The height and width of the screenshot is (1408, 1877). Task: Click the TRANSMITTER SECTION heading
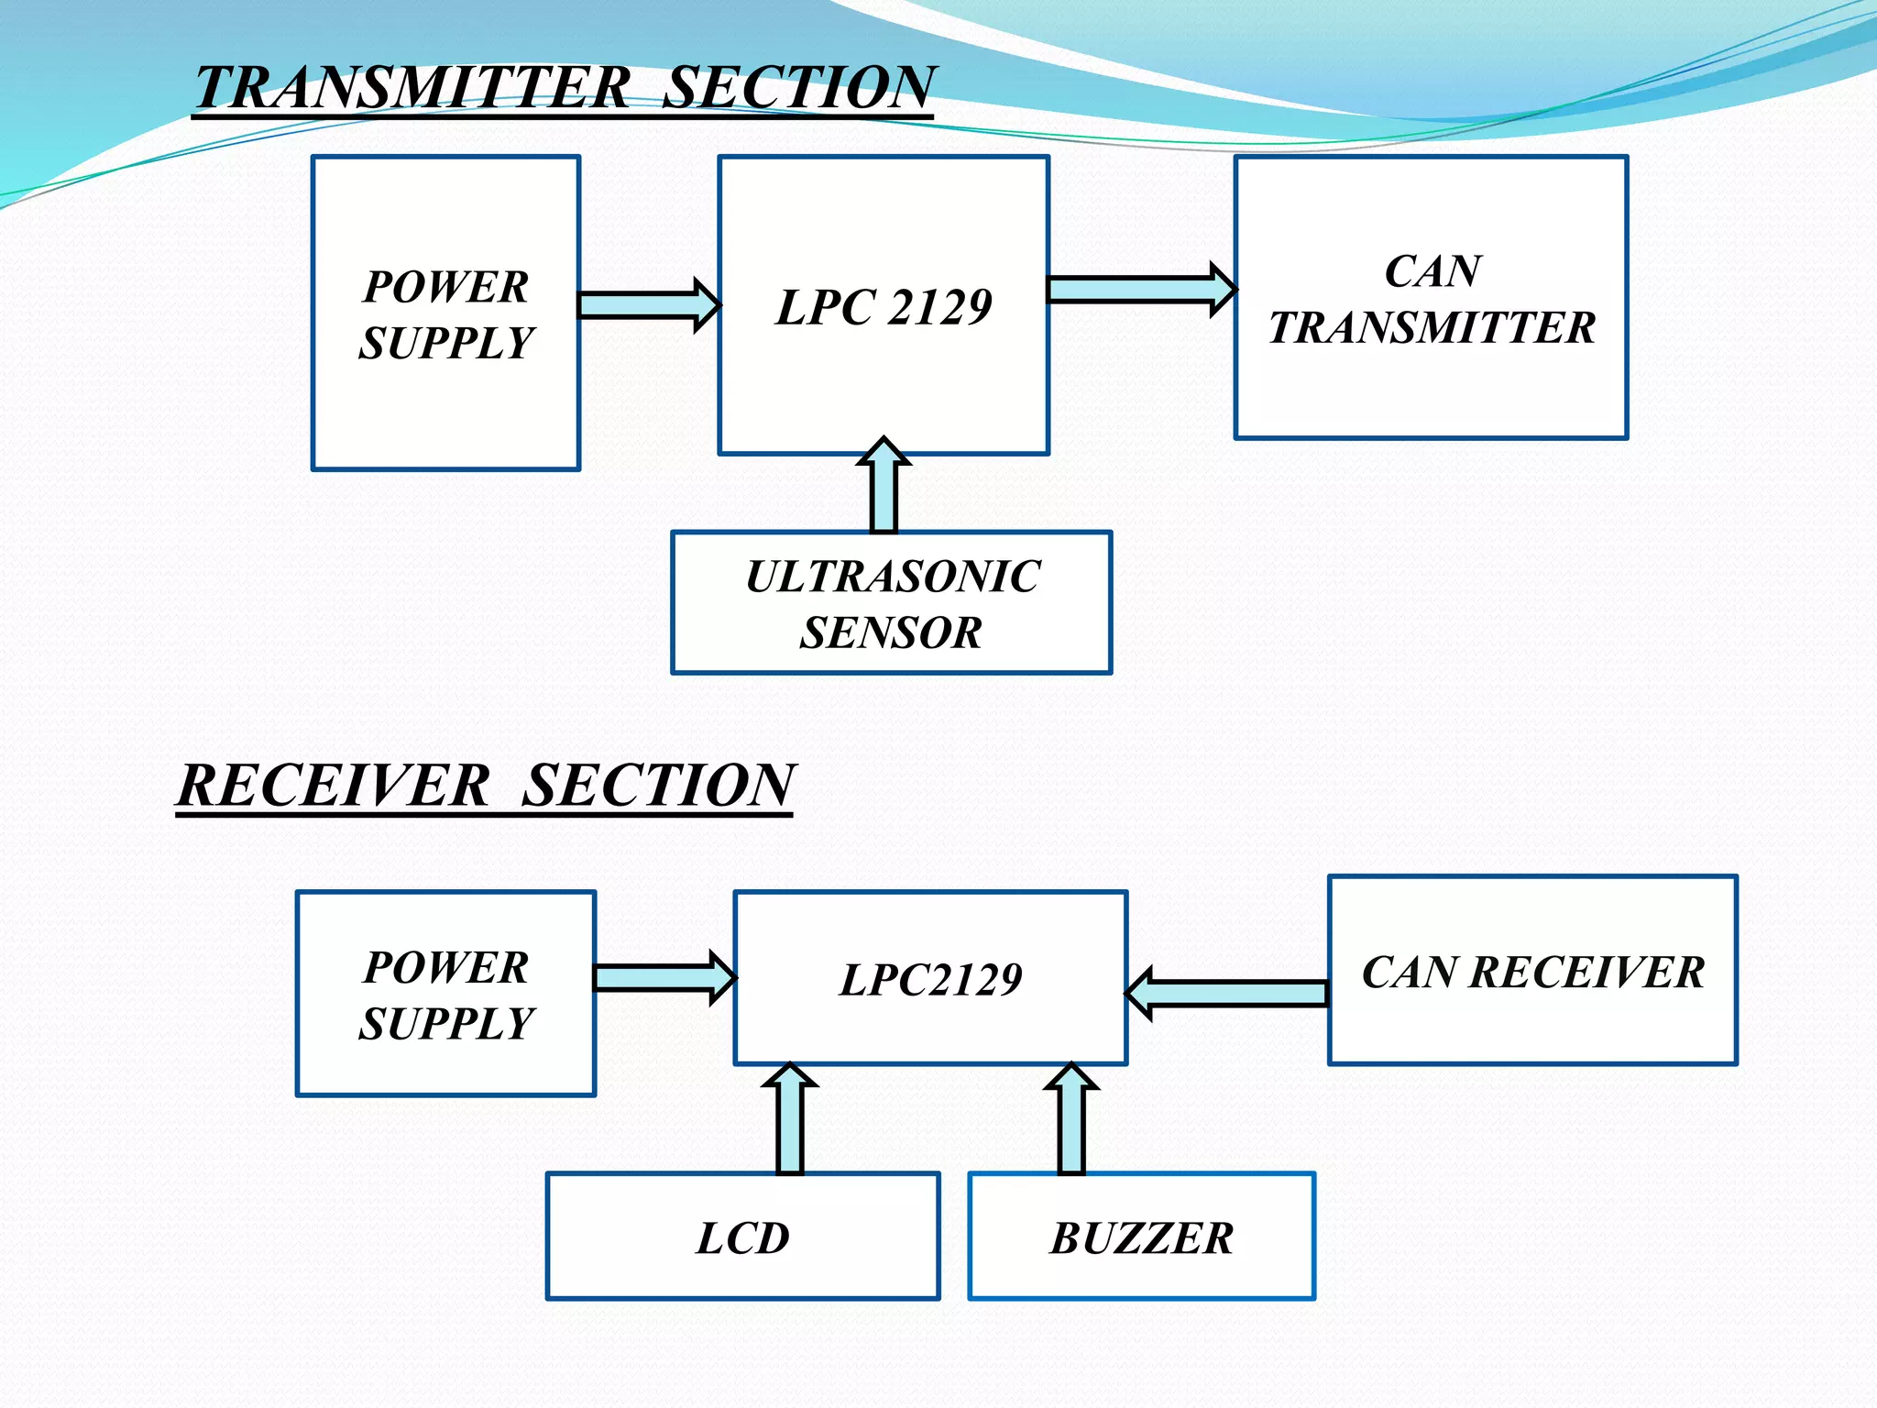[x=564, y=88]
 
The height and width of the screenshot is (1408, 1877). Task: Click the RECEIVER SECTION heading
[x=486, y=786]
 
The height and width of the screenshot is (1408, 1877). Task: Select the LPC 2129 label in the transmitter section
[x=884, y=307]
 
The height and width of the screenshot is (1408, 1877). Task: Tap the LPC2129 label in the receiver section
[x=930, y=980]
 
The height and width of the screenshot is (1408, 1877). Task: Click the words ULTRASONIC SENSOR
[x=892, y=604]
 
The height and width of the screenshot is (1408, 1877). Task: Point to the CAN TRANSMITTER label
[x=1432, y=300]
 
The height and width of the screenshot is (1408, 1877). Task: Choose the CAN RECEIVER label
[x=1532, y=973]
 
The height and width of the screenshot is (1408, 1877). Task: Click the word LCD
[x=742, y=1238]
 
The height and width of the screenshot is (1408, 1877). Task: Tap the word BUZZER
[x=1141, y=1238]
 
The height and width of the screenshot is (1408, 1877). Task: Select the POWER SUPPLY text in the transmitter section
[x=446, y=314]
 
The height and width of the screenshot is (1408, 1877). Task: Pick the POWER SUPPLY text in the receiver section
[x=446, y=995]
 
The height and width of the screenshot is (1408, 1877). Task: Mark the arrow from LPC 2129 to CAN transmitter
[x=1141, y=290]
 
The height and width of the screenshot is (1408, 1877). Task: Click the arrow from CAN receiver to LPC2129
[x=1228, y=993]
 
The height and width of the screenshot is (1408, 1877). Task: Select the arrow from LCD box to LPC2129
[x=790, y=1120]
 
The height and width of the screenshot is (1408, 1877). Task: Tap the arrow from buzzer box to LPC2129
[x=1071, y=1120]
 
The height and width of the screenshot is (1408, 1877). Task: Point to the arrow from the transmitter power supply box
[x=648, y=304]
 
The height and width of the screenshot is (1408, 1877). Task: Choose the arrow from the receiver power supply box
[x=664, y=977]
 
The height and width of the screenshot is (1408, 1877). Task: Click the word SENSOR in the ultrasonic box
[x=891, y=632]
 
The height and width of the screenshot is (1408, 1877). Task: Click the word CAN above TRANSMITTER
[x=1432, y=271]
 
